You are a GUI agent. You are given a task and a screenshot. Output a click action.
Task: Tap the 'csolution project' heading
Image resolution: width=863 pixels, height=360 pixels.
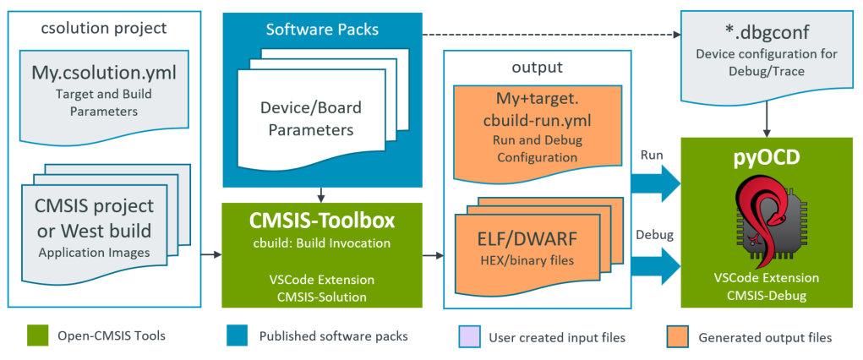(x=104, y=28)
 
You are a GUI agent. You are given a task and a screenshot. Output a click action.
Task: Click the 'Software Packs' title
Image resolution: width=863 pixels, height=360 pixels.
(x=322, y=30)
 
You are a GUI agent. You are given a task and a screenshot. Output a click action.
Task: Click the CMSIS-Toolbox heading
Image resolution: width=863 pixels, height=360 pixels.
(x=322, y=221)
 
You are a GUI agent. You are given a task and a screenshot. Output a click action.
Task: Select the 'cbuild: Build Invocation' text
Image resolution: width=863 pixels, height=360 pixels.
(x=322, y=243)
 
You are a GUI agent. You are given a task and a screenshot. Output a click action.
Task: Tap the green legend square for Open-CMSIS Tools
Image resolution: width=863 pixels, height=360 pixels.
(x=36, y=336)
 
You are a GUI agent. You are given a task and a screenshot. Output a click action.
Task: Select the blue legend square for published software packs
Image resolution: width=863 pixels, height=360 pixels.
(x=235, y=336)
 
